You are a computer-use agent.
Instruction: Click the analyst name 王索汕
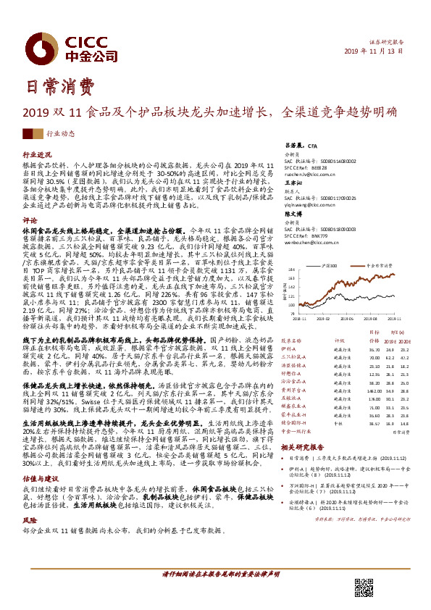click(291, 185)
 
